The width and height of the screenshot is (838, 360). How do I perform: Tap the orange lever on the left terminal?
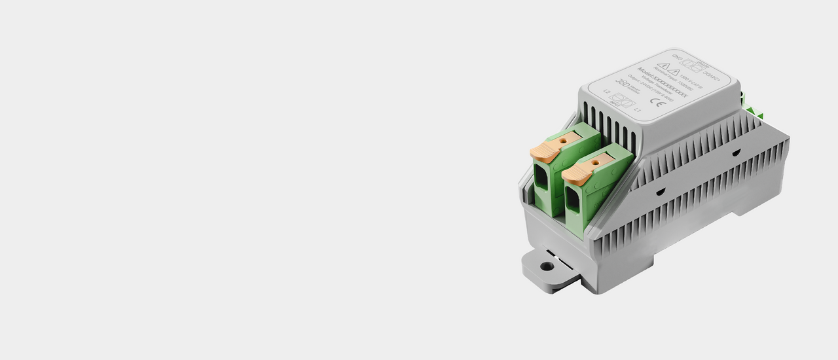pyautogui.click(x=543, y=151)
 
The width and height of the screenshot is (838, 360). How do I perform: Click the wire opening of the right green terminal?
pyautogui.click(x=572, y=199)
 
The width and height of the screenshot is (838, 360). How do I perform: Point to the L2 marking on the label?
pyautogui.click(x=606, y=92)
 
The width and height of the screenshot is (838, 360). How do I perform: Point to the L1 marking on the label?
pyautogui.click(x=638, y=111)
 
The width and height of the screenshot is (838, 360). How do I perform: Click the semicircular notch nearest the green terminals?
pyautogui.click(x=661, y=191)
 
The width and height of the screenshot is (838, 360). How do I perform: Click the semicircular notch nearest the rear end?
pyautogui.click(x=737, y=153)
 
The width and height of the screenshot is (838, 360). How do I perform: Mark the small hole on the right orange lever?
pyautogui.click(x=596, y=159)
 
